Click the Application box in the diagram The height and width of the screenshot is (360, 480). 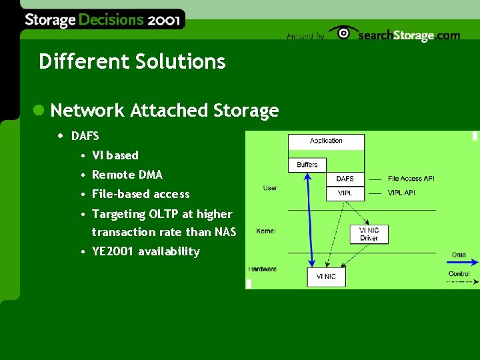(x=326, y=141)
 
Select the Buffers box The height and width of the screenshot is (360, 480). (x=307, y=164)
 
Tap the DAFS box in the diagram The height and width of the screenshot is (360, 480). (x=345, y=179)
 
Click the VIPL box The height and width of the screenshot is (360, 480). (x=345, y=193)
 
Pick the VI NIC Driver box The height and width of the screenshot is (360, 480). (x=369, y=233)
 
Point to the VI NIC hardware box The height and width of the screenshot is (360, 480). (x=326, y=277)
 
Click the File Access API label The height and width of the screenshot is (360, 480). (x=411, y=179)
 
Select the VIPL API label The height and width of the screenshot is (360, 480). (x=402, y=193)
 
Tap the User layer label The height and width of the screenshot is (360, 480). (x=270, y=188)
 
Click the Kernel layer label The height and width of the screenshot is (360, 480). (x=265, y=231)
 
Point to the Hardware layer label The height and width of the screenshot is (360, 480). (x=262, y=269)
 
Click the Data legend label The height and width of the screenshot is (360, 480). (x=459, y=255)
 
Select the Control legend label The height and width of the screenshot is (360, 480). (x=459, y=274)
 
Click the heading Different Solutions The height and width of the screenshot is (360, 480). (x=132, y=62)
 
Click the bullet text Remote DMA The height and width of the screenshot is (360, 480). (x=127, y=175)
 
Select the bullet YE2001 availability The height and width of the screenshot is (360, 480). (x=145, y=251)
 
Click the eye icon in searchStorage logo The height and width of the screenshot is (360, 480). (x=343, y=33)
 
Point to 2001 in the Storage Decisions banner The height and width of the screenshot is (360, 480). (x=163, y=20)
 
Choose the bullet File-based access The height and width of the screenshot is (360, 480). (x=141, y=194)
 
